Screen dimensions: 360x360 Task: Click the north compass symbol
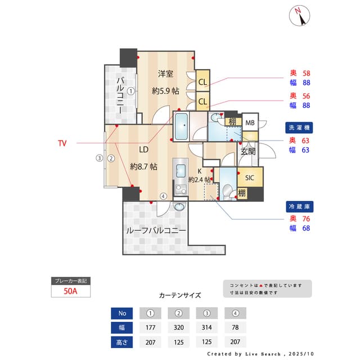coord(300,16)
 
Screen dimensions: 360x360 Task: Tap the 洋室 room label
coord(165,74)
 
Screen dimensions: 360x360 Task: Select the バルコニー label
coord(120,96)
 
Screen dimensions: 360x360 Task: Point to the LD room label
coord(143,150)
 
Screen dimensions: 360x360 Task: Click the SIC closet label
coord(250,178)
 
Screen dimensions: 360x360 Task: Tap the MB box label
coord(250,123)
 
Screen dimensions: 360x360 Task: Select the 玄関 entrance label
coord(248,151)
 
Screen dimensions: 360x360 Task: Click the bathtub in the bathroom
coord(181,127)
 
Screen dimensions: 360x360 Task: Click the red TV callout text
coord(62,143)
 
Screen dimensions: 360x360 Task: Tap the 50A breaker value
coord(71,291)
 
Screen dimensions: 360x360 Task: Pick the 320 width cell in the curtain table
coord(178,327)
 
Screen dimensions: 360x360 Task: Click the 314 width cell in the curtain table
coord(206,327)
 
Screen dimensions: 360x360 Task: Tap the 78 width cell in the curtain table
coord(235,327)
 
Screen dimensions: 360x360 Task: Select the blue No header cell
coord(122,313)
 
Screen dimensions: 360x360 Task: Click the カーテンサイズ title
coord(180,295)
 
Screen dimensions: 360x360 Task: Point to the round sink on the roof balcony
coord(179,206)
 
